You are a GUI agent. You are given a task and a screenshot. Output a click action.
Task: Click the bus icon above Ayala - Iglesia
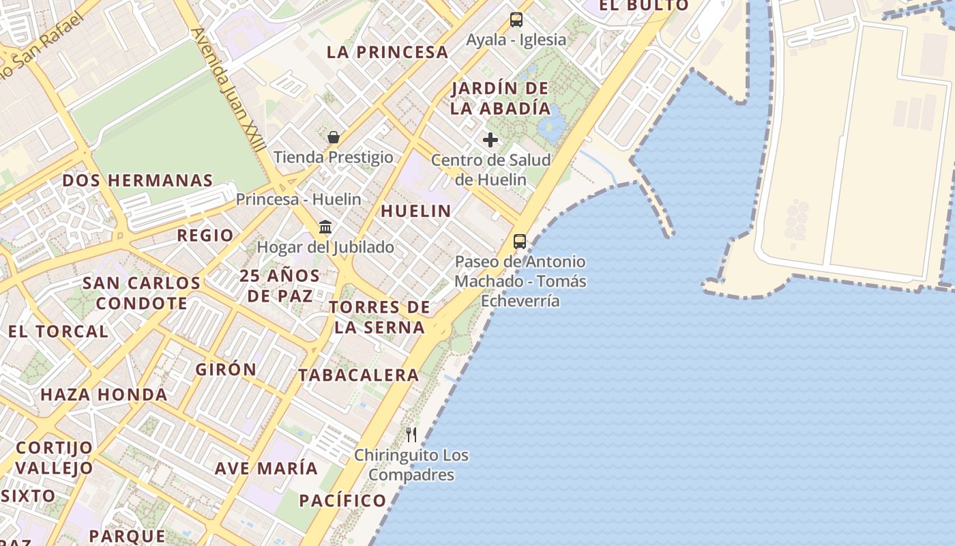516,20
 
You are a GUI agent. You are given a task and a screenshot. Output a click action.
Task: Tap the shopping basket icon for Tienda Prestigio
334,137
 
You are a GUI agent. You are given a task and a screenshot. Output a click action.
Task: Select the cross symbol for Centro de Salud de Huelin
490,140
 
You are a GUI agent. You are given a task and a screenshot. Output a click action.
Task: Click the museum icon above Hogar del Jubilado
325,227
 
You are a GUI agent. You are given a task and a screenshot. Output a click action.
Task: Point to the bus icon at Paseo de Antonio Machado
520,241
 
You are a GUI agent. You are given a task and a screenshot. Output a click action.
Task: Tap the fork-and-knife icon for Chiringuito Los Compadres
411,434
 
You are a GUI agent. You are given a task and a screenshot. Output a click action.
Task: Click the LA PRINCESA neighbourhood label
387,52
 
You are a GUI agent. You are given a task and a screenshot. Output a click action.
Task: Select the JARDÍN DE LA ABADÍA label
501,98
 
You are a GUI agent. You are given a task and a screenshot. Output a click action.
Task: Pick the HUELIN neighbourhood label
416,211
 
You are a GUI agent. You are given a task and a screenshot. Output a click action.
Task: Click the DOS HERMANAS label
138,180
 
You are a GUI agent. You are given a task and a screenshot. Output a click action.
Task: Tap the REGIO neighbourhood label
205,235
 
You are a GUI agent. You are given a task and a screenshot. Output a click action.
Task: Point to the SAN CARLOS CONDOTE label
142,293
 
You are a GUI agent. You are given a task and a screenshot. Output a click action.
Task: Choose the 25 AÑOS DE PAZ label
280,285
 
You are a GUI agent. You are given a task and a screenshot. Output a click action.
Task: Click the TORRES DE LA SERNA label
380,317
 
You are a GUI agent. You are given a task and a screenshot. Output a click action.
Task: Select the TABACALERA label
359,375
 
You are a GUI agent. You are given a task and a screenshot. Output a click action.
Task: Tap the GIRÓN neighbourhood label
226,369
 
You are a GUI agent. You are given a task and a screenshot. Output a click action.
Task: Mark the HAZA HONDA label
104,394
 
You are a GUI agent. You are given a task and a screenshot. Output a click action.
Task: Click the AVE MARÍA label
266,468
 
